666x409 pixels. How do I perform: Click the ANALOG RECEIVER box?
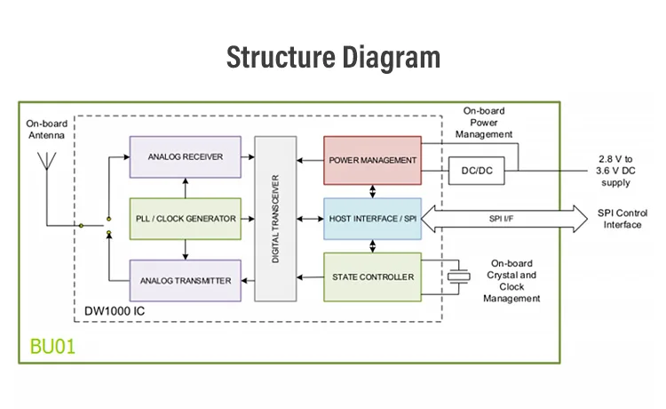pyautogui.click(x=185, y=156)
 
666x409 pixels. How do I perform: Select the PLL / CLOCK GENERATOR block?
pyautogui.click(x=185, y=218)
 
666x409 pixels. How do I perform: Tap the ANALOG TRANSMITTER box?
pyautogui.click(x=185, y=280)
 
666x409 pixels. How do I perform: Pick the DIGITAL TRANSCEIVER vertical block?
pyautogui.click(x=274, y=219)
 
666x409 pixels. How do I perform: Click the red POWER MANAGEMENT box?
pyautogui.click(x=372, y=159)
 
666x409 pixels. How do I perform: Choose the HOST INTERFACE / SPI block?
pyautogui.click(x=372, y=218)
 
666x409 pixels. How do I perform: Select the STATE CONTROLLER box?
pyautogui.click(x=372, y=277)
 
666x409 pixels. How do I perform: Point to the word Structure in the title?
pyautogui.click(x=276, y=58)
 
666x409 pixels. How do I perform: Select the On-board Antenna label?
pyautogui.click(x=46, y=130)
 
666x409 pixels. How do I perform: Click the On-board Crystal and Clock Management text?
pyautogui.click(x=511, y=281)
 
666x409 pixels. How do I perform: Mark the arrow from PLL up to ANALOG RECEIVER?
pyautogui.click(x=185, y=187)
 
